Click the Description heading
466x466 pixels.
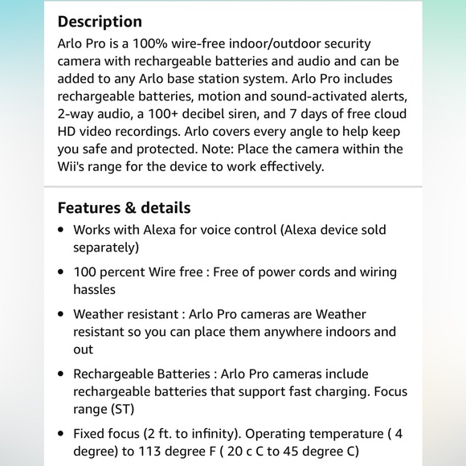pyautogui.click(x=100, y=21)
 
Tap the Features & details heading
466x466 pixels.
pyautogui.click(x=124, y=208)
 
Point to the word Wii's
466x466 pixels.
pyautogui.click(x=76, y=166)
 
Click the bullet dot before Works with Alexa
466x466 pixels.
pyautogui.click(x=62, y=230)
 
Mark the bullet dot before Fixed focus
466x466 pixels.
pyautogui.click(x=62, y=434)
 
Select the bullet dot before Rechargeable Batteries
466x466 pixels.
pyautogui.click(x=62, y=374)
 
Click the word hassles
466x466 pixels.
pyautogui.click(x=95, y=289)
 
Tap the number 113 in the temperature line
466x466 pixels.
pyautogui.click(x=146, y=452)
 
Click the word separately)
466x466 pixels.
pyautogui.click(x=106, y=247)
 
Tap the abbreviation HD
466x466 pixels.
pyautogui.click(x=67, y=131)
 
